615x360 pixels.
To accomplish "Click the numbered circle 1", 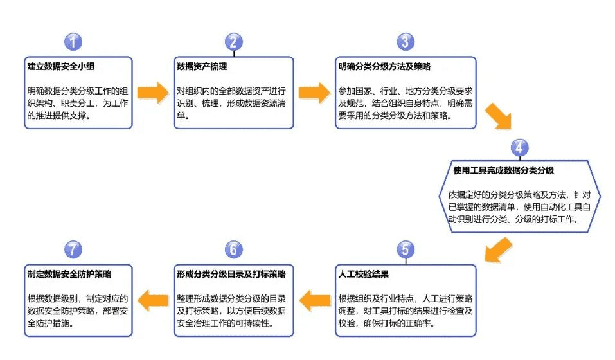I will click(x=74, y=42).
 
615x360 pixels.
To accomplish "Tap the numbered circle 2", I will click(x=234, y=42).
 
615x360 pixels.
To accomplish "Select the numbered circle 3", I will click(x=405, y=42).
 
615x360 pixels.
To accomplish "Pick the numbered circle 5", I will click(x=405, y=249).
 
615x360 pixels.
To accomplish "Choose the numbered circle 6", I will click(x=234, y=249).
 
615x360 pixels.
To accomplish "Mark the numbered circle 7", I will click(x=74, y=249).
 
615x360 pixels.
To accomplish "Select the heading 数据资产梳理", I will click(x=202, y=66).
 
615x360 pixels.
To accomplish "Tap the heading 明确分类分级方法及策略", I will click(x=384, y=66).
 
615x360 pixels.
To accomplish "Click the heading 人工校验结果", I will click(x=364, y=274).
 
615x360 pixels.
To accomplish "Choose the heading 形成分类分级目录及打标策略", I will click(x=231, y=274).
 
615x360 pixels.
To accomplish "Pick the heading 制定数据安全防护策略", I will click(x=69, y=274).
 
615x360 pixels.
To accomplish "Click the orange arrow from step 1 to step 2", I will click(x=153, y=92).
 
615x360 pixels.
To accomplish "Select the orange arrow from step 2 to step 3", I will click(x=314, y=92).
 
